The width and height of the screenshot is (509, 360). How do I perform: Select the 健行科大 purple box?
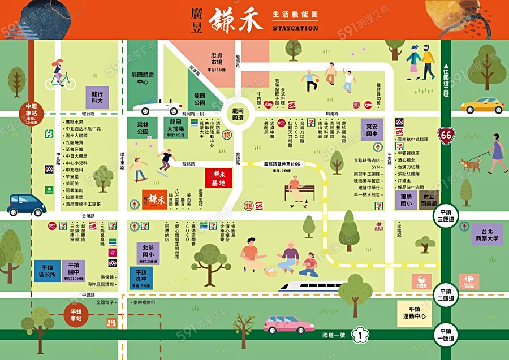pos(97,97)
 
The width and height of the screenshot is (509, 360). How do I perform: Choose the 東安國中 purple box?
pos(372,131)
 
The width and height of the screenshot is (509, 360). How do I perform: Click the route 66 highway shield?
pos(447,136)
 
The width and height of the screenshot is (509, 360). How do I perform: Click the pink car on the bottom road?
pos(290,324)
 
